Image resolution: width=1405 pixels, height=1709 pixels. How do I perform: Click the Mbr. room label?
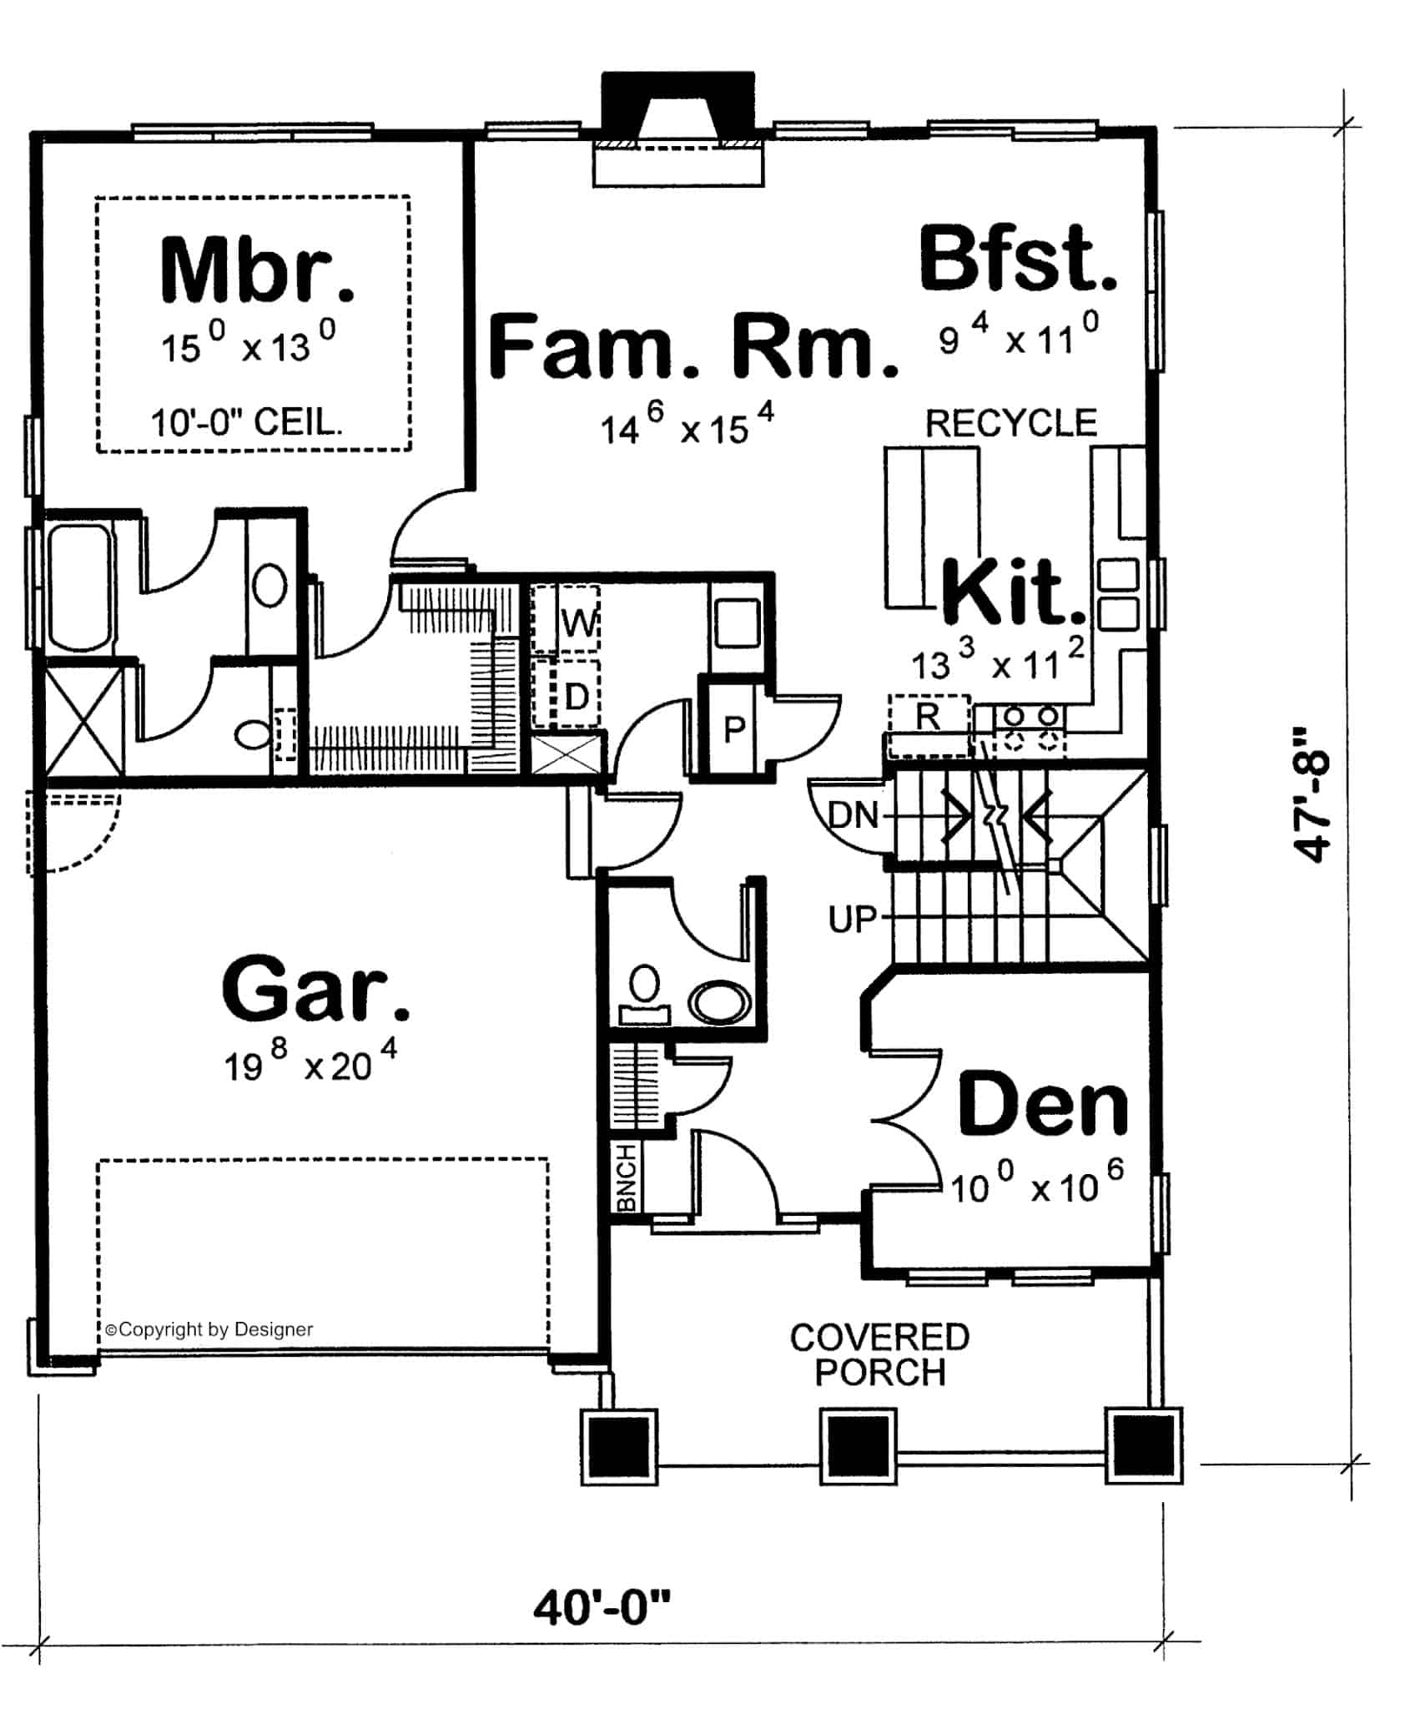pos(257,271)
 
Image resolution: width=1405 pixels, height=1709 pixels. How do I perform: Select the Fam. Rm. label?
pos(692,345)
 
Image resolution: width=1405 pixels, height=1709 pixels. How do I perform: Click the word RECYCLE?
pos(1011,424)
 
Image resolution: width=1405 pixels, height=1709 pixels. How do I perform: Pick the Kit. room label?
pos(1014,593)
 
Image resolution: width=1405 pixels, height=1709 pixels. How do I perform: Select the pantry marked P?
pos(734,730)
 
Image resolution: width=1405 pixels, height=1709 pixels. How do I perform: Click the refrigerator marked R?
pos(928,716)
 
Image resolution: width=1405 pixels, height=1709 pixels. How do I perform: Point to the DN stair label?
pos(853,814)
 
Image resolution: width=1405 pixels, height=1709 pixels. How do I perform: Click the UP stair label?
pos(853,920)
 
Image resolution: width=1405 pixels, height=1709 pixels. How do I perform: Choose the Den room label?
pos(1043,1106)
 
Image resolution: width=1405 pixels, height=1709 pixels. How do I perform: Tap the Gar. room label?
pos(316,991)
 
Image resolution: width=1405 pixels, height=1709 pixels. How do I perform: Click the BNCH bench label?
pos(626,1177)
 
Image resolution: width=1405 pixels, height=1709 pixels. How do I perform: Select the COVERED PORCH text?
pos(879,1354)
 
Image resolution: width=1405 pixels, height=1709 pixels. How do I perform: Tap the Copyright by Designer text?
pos(209,1329)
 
